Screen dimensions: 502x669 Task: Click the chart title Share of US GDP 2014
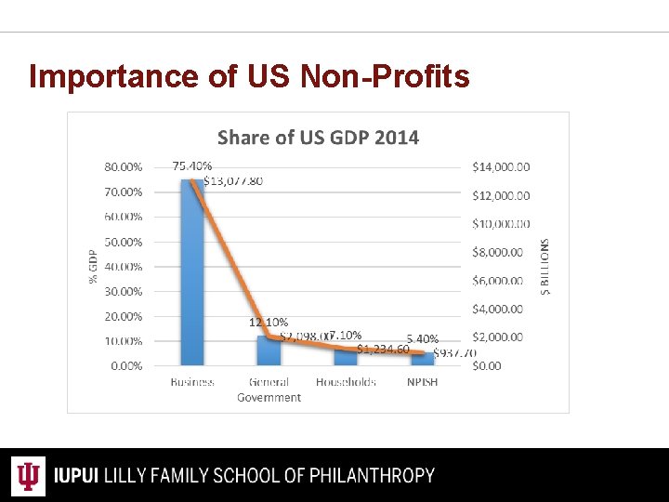tap(318, 138)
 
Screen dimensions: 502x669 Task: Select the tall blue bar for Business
tap(192, 279)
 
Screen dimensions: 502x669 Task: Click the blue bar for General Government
tap(269, 351)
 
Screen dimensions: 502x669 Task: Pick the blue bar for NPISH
tap(422, 360)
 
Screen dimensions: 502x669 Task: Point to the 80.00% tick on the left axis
tap(124, 167)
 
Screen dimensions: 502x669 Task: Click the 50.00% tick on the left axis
tap(124, 242)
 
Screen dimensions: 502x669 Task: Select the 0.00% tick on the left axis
tap(126, 366)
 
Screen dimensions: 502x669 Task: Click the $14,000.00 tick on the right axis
tap(501, 167)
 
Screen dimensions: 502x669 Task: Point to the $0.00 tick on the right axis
tap(486, 366)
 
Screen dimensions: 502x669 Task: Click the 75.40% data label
tap(192, 166)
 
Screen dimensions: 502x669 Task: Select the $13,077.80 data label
tap(233, 181)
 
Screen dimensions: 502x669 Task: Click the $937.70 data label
tap(454, 353)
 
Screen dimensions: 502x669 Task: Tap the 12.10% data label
tap(268, 323)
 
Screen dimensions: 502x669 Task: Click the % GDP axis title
tap(93, 267)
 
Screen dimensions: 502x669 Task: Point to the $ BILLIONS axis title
tap(544, 267)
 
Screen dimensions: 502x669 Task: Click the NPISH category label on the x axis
tap(422, 383)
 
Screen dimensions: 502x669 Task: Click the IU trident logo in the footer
tap(31, 476)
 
